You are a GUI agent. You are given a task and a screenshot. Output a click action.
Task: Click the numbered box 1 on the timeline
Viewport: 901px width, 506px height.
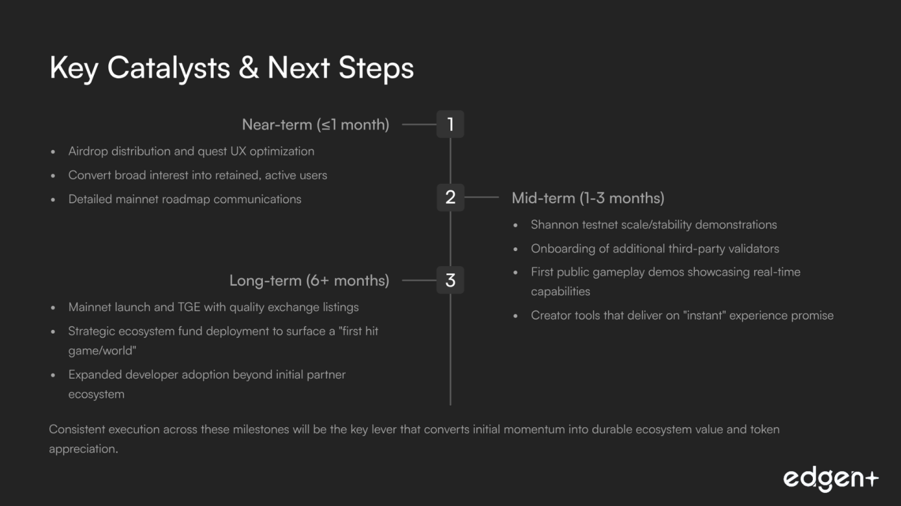(450, 124)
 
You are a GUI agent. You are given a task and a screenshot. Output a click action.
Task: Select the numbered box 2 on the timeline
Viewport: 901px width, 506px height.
(450, 198)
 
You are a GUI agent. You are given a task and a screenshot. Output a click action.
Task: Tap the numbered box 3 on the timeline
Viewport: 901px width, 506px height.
(450, 280)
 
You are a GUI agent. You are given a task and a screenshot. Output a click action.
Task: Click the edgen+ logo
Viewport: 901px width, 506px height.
(830, 479)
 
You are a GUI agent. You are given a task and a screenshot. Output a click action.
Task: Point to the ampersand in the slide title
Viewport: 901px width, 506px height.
(249, 67)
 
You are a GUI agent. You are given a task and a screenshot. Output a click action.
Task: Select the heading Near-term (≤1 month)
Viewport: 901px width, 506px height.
(315, 125)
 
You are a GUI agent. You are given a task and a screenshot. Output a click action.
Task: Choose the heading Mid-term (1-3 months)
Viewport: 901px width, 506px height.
(588, 198)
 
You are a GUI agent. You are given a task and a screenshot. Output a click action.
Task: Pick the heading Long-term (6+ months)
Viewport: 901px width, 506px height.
(309, 281)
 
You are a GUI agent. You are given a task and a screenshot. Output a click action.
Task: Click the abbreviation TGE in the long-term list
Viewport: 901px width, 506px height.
(189, 307)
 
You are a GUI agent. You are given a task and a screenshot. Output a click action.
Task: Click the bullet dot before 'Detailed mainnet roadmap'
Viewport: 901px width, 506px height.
(53, 200)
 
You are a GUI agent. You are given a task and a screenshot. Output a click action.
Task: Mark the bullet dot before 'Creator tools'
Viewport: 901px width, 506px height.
(515, 316)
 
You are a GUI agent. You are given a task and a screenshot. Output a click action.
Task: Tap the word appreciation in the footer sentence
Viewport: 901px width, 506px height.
(84, 449)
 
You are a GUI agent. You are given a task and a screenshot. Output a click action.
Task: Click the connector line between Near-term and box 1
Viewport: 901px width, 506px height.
(419, 125)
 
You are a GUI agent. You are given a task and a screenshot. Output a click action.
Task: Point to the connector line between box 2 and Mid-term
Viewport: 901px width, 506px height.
(481, 198)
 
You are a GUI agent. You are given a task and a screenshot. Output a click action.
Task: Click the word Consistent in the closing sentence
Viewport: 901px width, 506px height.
(77, 429)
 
